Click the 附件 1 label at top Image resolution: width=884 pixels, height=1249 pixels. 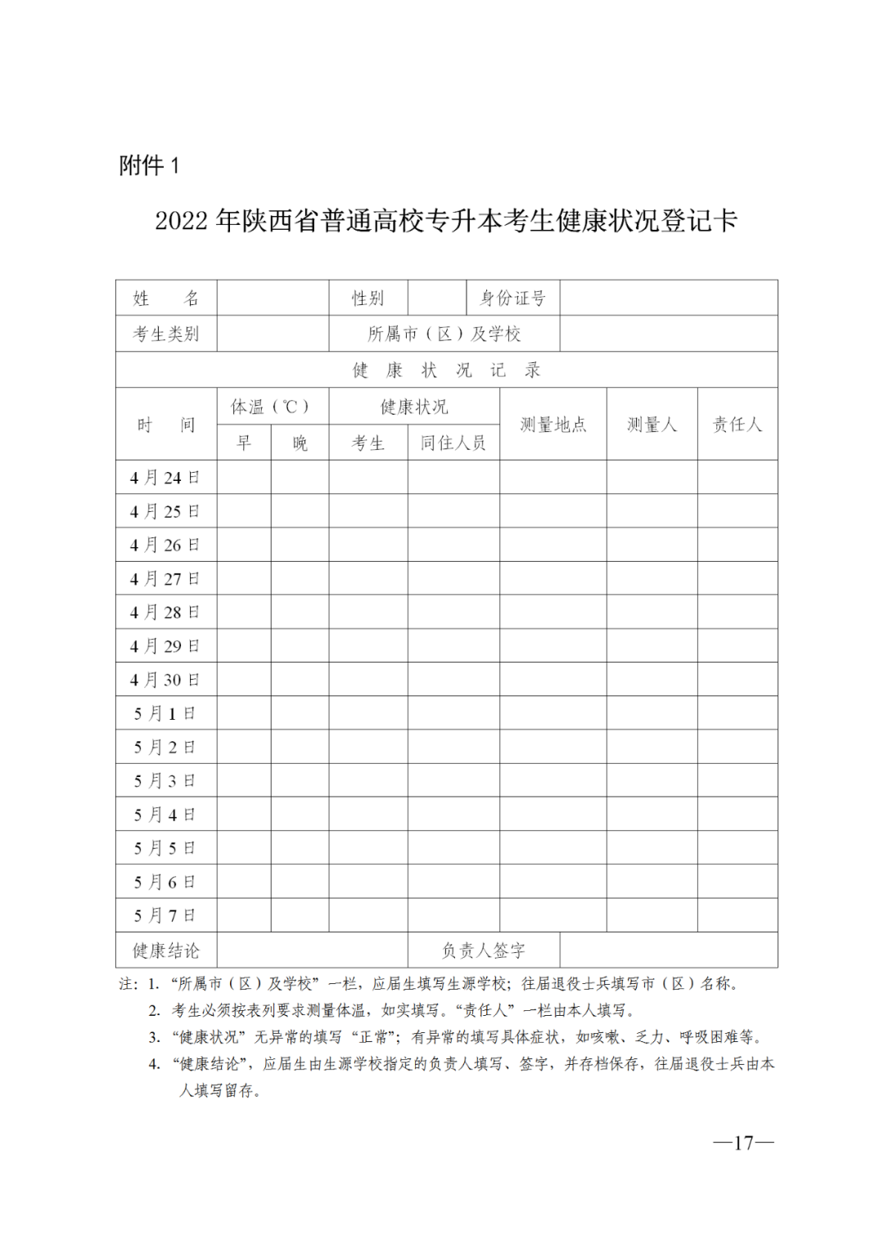[149, 166]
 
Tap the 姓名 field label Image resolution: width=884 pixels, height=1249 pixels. [166, 299]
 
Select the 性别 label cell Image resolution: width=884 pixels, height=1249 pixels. [368, 299]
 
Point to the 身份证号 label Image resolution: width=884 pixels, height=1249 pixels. [512, 299]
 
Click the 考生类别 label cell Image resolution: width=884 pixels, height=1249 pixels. [166, 334]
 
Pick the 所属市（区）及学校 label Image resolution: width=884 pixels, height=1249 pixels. [444, 334]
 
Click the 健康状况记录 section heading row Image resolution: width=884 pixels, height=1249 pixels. [446, 371]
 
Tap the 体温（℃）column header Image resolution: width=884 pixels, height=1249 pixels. [272, 407]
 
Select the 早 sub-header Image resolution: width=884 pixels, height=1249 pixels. [244, 443]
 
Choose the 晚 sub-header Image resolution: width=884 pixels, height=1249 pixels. [300, 443]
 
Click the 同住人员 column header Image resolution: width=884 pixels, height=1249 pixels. [453, 443]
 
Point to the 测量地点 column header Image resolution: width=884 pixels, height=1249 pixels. [553, 425]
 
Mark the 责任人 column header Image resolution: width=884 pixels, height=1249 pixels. [737, 425]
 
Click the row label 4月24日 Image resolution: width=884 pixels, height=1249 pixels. [165, 478]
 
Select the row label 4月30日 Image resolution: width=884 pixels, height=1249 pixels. [165, 680]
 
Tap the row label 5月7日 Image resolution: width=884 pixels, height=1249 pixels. [165, 915]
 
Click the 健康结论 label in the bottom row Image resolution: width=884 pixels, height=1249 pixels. [166, 950]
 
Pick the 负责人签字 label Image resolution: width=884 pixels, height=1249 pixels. [483, 950]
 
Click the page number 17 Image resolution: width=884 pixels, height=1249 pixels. [743, 1143]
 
